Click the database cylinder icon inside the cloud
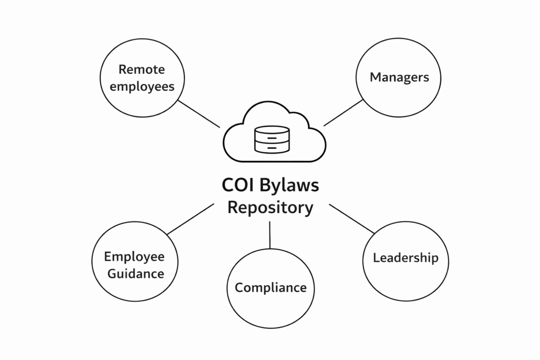[272, 139]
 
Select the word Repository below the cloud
[270, 207]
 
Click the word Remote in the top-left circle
[142, 69]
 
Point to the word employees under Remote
[142, 86]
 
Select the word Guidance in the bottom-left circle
[136, 274]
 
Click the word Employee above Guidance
[134, 257]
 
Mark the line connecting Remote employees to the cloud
[199, 113]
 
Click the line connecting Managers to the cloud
[343, 113]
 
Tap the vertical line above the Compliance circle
[269, 235]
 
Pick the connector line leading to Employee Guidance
[190, 219]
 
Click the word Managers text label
[399, 77]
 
